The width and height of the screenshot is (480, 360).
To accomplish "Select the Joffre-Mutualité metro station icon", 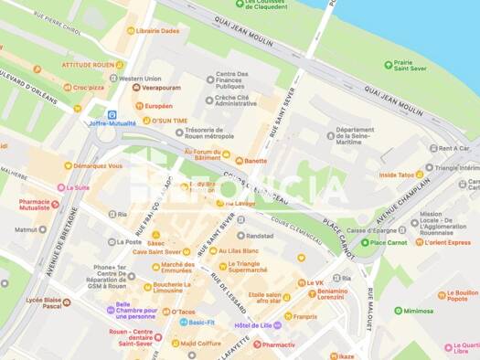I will pyautogui.click(x=112, y=115).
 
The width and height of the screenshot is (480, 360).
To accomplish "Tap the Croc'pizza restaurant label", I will pyautogui.click(x=95, y=88).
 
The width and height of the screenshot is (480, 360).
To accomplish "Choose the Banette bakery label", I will pyautogui.click(x=255, y=161).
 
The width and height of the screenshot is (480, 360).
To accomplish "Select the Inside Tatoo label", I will pyautogui.click(x=402, y=174).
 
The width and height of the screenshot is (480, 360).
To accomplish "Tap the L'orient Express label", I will pyautogui.click(x=448, y=242).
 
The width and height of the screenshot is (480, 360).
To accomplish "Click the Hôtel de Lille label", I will pyautogui.click(x=254, y=325).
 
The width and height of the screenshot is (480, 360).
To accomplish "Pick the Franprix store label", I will pyautogui.click(x=305, y=316).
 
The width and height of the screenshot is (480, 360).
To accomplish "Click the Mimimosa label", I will pyautogui.click(x=418, y=311).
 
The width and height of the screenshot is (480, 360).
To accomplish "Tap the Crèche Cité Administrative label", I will pyautogui.click(x=236, y=100).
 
